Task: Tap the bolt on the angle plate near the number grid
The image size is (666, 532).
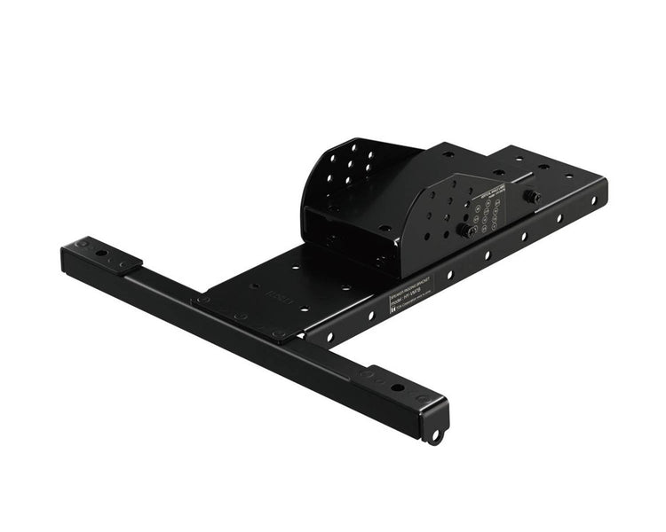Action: [x=463, y=230]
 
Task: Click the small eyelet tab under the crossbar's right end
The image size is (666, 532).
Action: [x=434, y=435]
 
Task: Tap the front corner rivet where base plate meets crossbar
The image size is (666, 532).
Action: [x=279, y=334]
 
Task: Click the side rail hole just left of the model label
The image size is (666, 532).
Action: [x=372, y=316]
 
